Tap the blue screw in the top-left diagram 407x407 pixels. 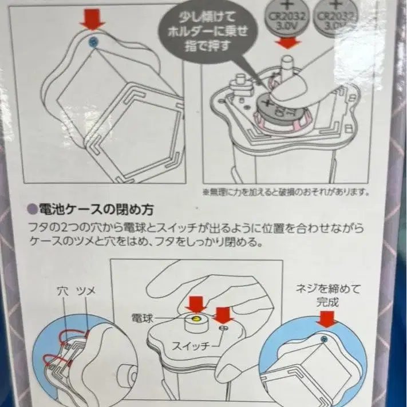coord(92,41)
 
